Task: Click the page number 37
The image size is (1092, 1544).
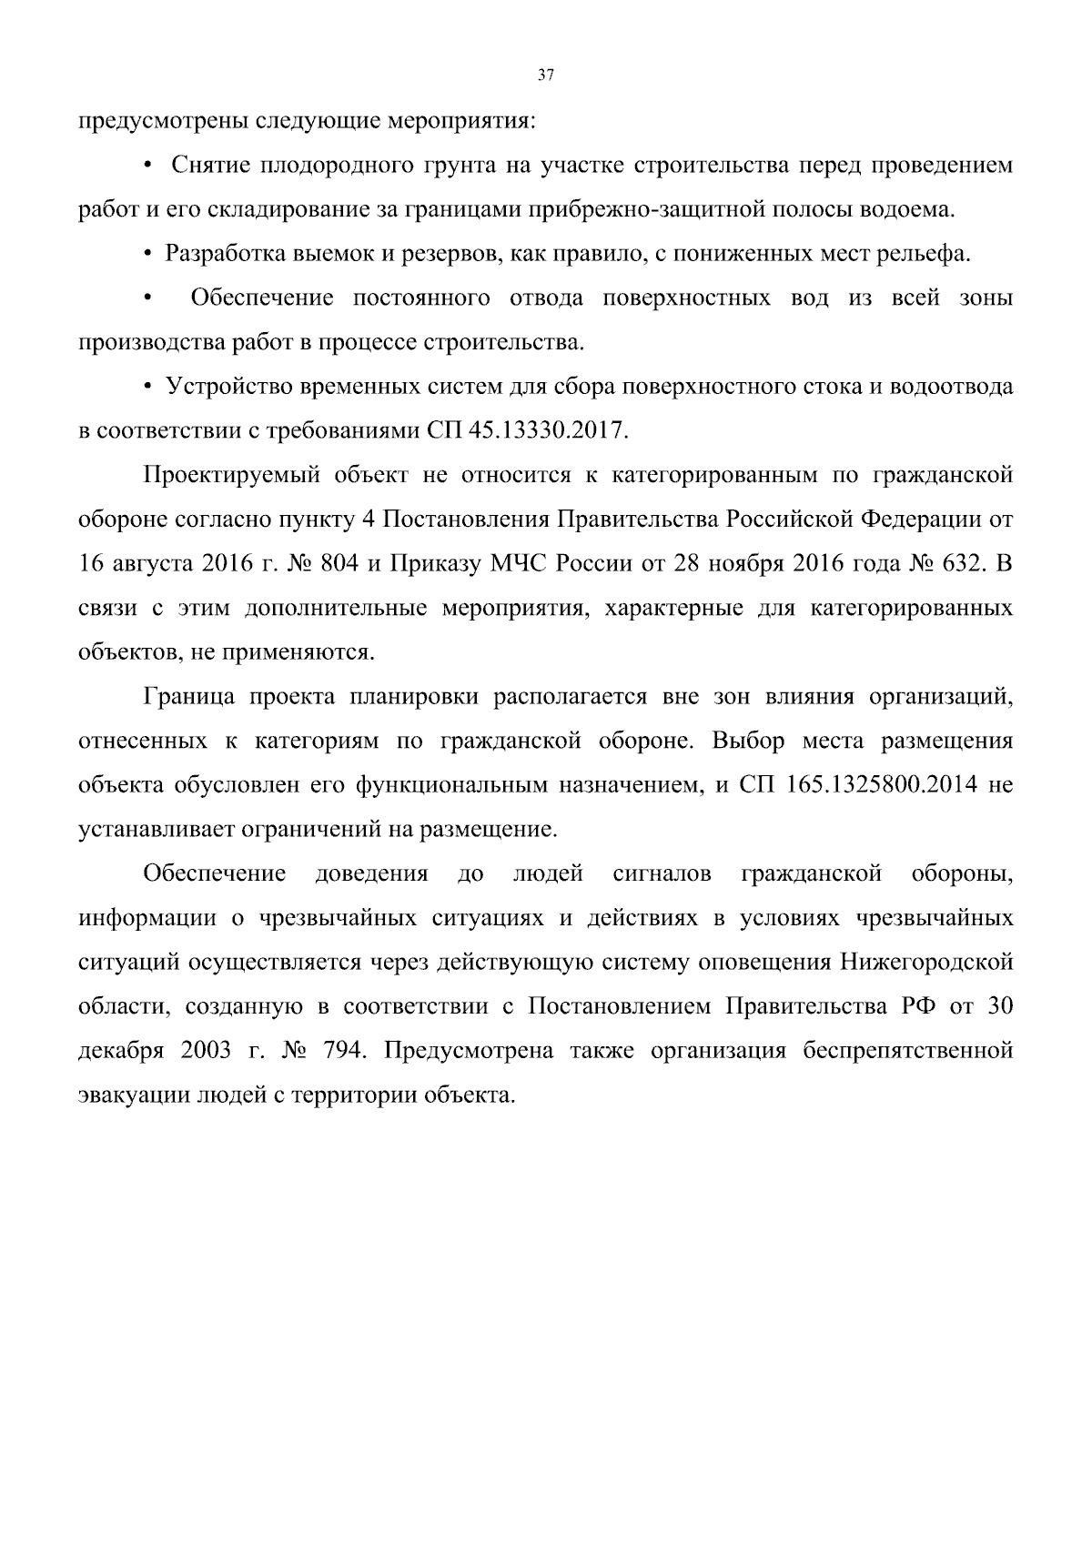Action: tap(545, 76)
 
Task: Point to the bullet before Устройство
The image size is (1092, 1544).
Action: tap(147, 388)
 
